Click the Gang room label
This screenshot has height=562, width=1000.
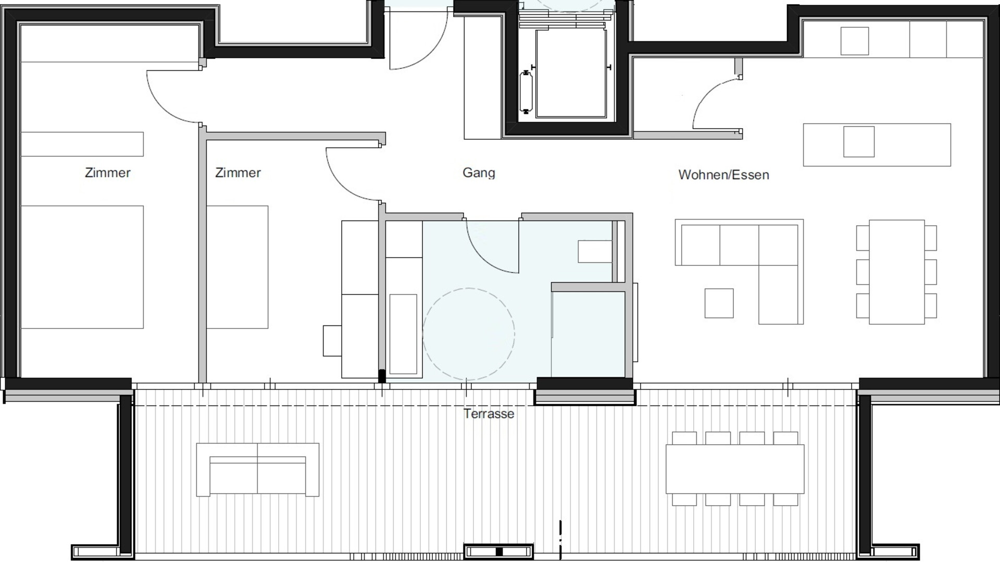[x=479, y=173]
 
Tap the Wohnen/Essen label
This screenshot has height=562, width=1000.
[x=723, y=175]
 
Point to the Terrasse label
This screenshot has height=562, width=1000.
[x=489, y=413]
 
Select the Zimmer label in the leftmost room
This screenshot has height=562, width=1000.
[x=107, y=173]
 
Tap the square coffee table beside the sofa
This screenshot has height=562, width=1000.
[x=719, y=303]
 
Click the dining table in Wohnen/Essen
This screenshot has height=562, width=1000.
[x=896, y=272]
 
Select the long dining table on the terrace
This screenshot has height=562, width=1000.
[x=735, y=469]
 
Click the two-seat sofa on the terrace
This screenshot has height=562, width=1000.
[x=257, y=469]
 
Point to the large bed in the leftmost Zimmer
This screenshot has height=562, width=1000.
[x=82, y=267]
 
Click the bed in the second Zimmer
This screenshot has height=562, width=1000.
[x=237, y=267]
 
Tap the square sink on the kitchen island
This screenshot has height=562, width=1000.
[x=859, y=141]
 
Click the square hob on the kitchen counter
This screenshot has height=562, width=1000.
[x=855, y=41]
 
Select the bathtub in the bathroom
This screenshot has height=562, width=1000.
[x=403, y=334]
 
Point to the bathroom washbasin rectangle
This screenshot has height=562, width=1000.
[x=595, y=251]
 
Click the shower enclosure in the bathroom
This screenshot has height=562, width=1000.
[x=588, y=334]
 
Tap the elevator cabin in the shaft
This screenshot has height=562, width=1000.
[x=571, y=73]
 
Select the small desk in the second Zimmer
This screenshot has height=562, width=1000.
[x=332, y=340]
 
